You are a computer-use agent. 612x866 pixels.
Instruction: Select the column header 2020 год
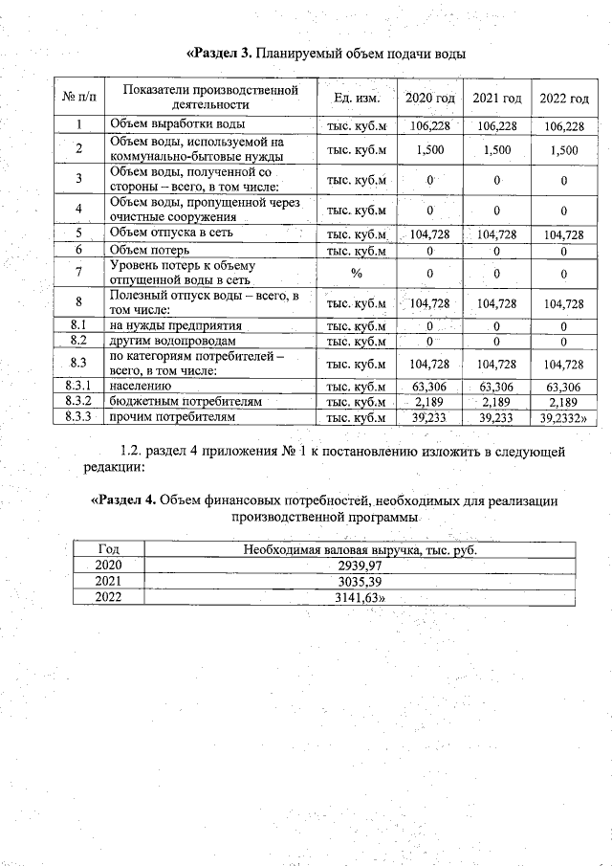tap(429, 99)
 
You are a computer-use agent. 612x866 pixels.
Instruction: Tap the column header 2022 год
tap(563, 99)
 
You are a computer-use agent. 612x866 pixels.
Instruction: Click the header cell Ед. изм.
tap(356, 99)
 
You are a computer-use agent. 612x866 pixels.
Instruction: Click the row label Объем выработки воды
tap(177, 125)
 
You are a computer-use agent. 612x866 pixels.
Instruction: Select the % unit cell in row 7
tap(356, 273)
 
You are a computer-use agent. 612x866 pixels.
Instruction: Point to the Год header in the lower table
tap(109, 549)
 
